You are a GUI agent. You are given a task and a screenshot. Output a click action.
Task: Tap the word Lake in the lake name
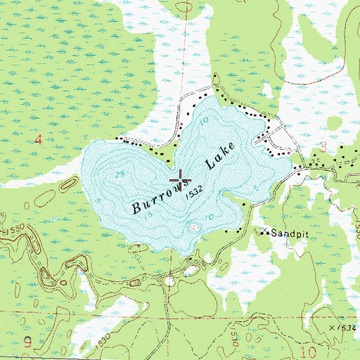tap(219, 159)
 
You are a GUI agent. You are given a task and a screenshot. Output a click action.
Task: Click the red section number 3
tap(323, 146)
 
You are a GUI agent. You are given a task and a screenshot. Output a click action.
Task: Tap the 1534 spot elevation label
tap(345, 329)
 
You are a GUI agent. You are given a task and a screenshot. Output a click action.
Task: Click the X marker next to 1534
tap(330, 328)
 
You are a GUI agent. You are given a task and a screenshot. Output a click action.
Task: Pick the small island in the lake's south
tap(195, 226)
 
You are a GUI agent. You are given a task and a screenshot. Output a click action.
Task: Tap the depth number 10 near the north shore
tap(203, 120)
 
